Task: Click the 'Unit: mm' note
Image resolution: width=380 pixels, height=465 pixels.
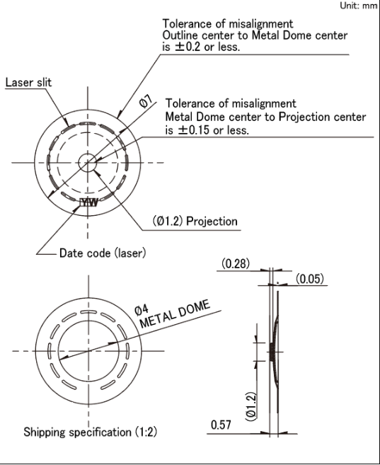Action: pyautogui.click(x=358, y=6)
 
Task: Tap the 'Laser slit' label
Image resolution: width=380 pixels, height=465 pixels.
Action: pyautogui.click(x=28, y=82)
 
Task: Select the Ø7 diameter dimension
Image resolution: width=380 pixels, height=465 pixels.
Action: pyautogui.click(x=146, y=101)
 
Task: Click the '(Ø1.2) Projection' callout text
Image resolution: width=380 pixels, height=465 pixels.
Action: pyautogui.click(x=195, y=222)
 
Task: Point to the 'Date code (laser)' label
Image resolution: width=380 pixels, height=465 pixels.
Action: pyautogui.click(x=103, y=253)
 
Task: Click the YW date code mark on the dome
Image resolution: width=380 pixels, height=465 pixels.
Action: pyautogui.click(x=89, y=202)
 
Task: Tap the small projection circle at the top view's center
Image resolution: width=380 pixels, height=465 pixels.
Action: pyautogui.click(x=88, y=163)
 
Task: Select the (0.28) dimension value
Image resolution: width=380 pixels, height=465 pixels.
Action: pyautogui.click(x=236, y=263)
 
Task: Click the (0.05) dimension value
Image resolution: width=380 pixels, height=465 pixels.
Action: pyautogui.click(x=310, y=279)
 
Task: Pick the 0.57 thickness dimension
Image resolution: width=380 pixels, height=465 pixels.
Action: pyautogui.click(x=221, y=425)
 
